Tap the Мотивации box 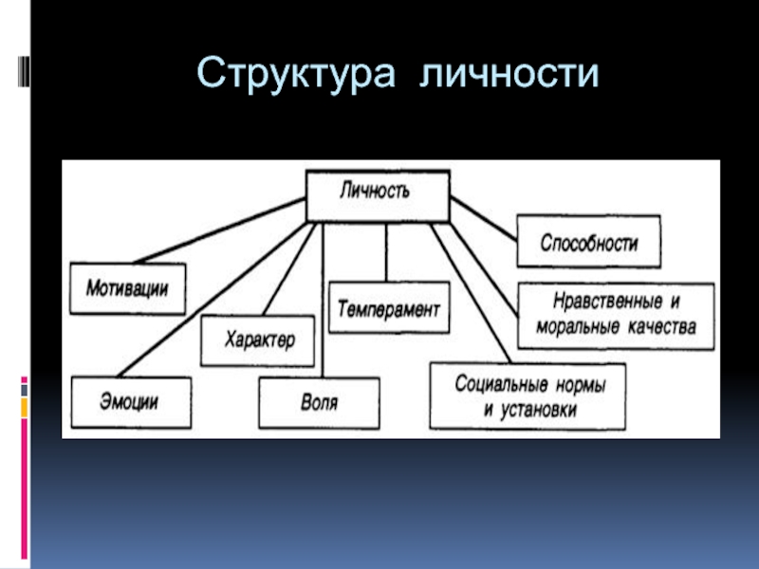click(127, 287)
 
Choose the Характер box click(258, 340)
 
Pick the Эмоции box click(130, 402)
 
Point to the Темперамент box click(389, 307)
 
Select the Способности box click(588, 242)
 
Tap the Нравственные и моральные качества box click(617, 314)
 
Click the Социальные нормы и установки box click(528, 396)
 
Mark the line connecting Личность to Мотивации click(218, 232)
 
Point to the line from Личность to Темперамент click(386, 252)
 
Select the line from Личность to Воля click(323, 303)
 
